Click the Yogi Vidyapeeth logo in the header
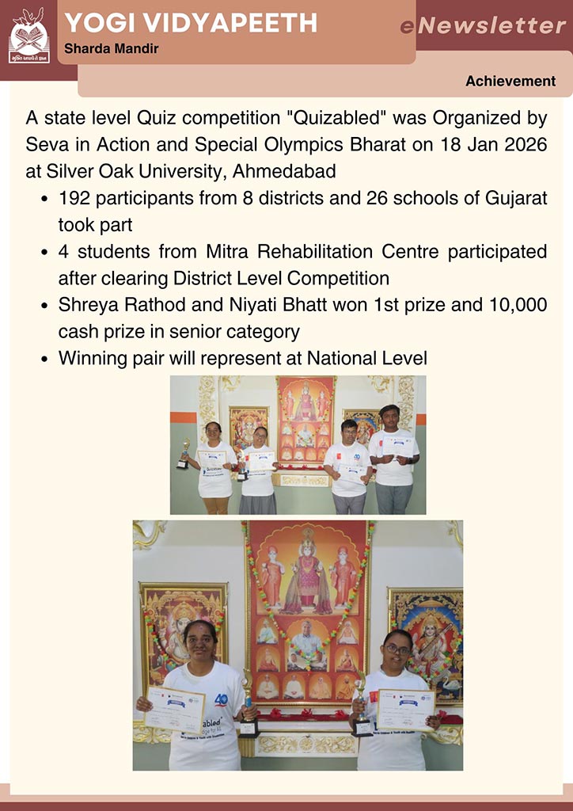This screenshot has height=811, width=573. pyautogui.click(x=28, y=35)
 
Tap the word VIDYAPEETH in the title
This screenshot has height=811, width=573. pyautogui.click(x=238, y=23)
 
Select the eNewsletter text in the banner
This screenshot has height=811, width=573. pyautogui.click(x=483, y=26)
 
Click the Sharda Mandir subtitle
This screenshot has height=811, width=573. pyautogui.click(x=111, y=49)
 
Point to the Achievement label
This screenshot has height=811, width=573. pyautogui.click(x=510, y=82)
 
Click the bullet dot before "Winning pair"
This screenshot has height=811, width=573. pyautogui.click(x=44, y=359)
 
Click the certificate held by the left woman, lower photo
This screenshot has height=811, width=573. pyautogui.click(x=175, y=708)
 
